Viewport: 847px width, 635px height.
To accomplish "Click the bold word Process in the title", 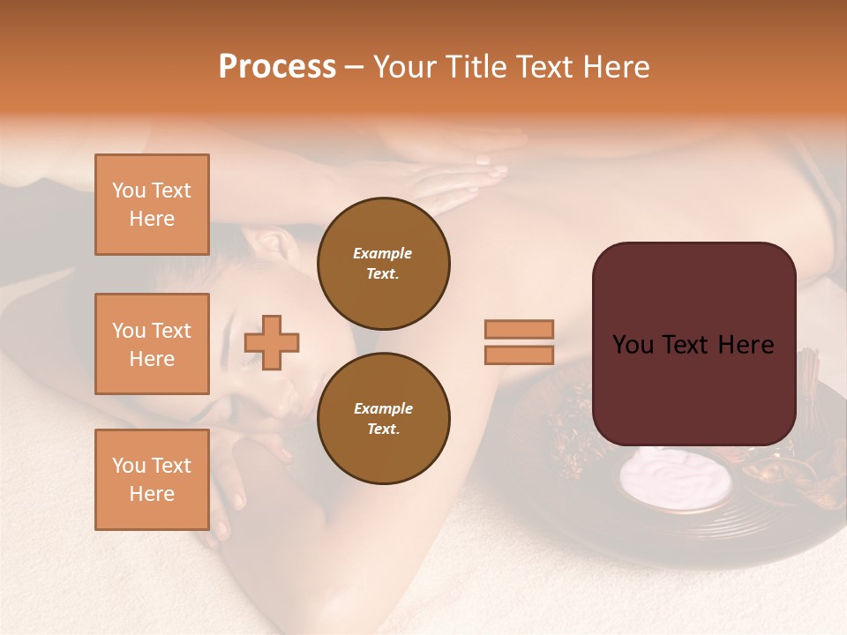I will point(277,67).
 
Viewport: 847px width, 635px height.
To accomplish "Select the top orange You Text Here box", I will point(152,205).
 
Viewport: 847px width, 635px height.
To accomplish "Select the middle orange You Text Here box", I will point(152,344).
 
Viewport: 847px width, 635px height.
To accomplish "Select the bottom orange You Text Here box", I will point(152,480).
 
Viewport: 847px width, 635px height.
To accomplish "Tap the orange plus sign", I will point(272,342).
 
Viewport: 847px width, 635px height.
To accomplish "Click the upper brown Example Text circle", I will point(383,264).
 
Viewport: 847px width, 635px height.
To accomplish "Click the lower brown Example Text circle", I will point(383,419).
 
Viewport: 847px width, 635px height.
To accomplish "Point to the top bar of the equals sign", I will point(519,330).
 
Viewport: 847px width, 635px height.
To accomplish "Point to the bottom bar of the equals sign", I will point(519,355).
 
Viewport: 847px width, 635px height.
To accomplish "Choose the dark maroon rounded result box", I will point(693,344).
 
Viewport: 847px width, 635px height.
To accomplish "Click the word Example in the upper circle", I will point(383,253).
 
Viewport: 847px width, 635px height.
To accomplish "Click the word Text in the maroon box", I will point(693,345).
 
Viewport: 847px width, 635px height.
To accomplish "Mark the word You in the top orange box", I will point(129,190).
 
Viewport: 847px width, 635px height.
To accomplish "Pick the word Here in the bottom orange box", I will point(152,494).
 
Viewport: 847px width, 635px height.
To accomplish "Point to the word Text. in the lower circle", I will point(383,430).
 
